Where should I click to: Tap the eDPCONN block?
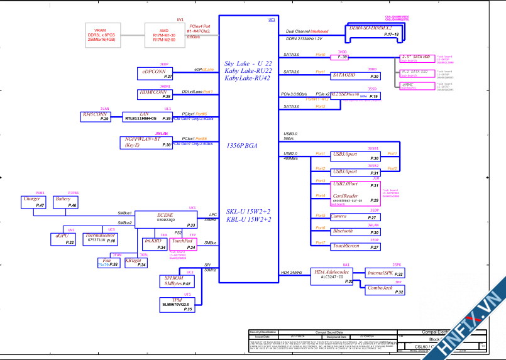[x=155, y=73]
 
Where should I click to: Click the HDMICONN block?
[x=155, y=94]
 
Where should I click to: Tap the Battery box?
[x=65, y=202]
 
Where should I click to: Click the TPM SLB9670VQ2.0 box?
[x=178, y=304]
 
